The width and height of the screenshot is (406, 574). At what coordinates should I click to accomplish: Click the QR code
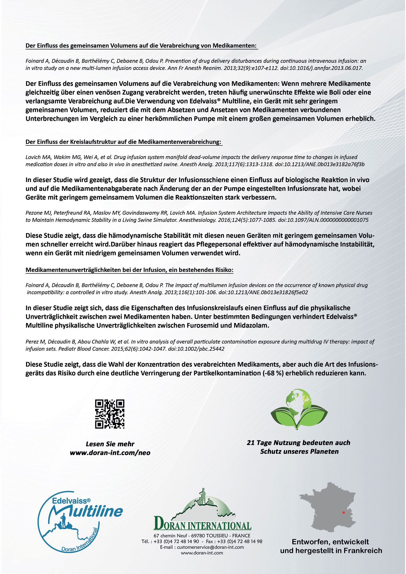click(x=110, y=414)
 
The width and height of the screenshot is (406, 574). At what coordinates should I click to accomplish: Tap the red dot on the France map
click(x=343, y=513)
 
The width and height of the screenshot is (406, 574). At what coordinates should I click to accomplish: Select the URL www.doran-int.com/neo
click(x=110, y=453)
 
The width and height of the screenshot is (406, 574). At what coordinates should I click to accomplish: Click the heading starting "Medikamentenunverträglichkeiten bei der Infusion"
click(x=129, y=270)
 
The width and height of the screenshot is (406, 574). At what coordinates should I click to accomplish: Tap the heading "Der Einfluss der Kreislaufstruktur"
click(x=124, y=142)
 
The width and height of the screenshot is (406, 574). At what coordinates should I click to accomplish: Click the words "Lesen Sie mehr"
click(x=110, y=444)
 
